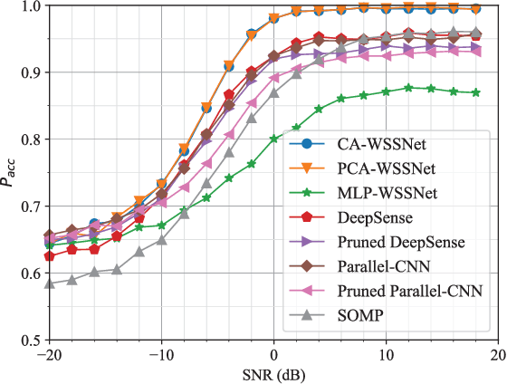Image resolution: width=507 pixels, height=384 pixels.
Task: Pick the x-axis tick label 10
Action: [x=386, y=353]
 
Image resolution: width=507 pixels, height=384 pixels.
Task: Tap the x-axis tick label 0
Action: [x=274, y=353]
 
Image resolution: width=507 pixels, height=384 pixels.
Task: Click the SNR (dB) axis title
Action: [x=273, y=373]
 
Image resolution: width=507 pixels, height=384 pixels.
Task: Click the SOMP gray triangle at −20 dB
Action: [x=49, y=283]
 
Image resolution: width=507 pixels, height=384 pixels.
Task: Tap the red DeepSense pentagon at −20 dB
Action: [x=49, y=256]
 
